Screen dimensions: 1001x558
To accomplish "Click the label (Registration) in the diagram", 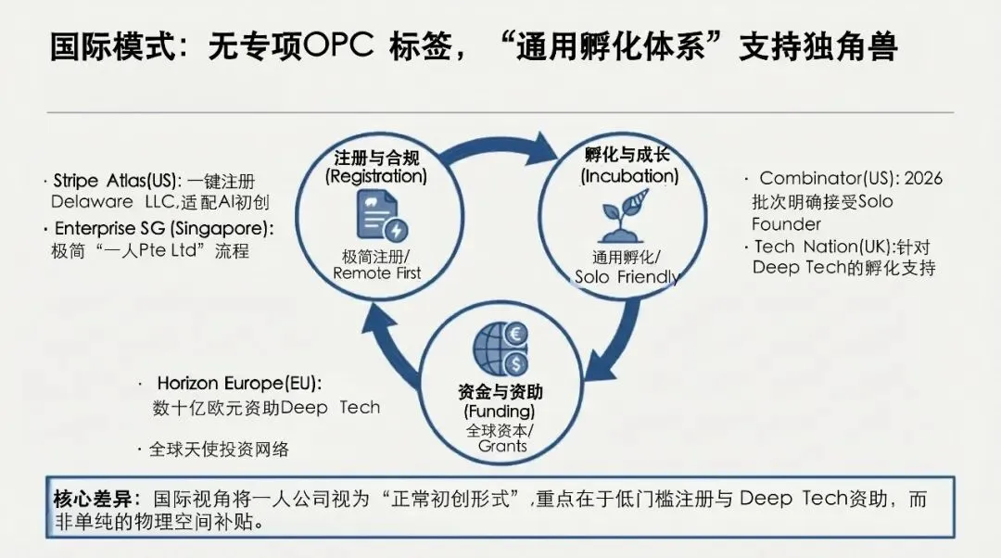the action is click(x=376, y=176).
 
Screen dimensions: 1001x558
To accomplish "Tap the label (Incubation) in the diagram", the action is click(x=629, y=175).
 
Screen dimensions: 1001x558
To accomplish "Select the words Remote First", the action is click(x=376, y=273).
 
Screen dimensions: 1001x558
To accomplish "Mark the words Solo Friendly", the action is click(x=627, y=277).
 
